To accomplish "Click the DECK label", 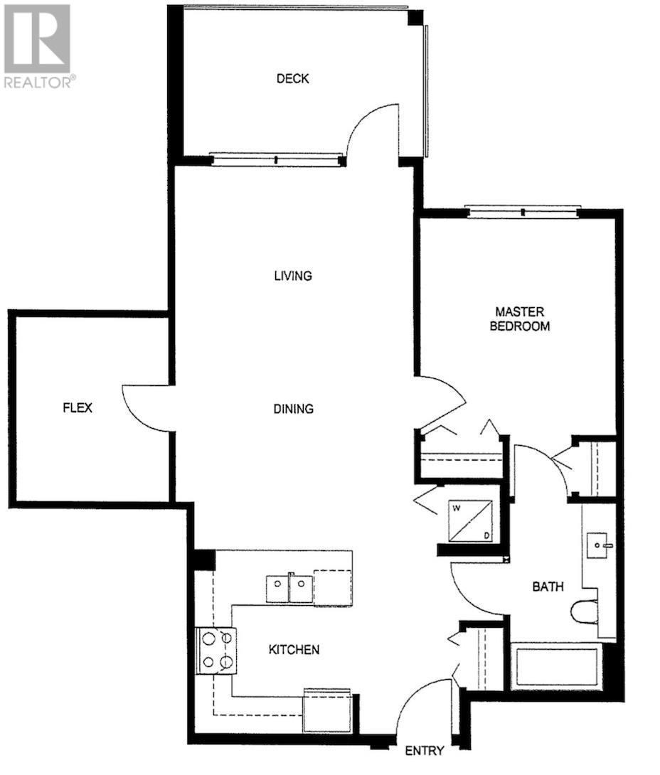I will (x=292, y=79).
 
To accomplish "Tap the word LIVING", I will (x=293, y=275).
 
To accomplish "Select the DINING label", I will (x=293, y=409).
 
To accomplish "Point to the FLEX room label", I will (x=78, y=408).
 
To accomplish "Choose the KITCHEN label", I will (x=294, y=649).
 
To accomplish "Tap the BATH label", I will (x=548, y=587).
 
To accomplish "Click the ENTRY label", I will (x=424, y=751).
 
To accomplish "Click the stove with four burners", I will (x=216, y=650).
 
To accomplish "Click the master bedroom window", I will (x=523, y=211).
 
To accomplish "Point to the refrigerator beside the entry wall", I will (x=327, y=710).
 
